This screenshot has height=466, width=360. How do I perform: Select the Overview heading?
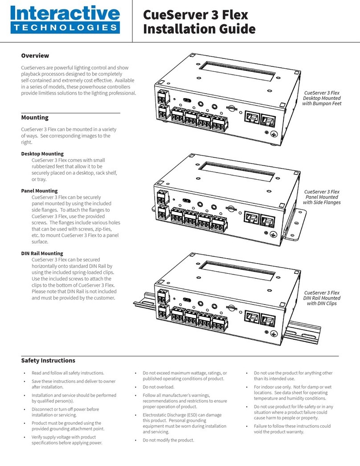pos(35,56)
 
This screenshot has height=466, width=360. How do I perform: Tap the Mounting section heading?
pos(35,118)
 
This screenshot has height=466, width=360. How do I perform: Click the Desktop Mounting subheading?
pos(42,153)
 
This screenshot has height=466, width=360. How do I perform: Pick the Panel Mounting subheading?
pos(39,191)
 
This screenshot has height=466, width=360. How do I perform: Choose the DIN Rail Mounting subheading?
pos(42,253)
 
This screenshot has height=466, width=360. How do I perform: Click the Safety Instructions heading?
pos(48,360)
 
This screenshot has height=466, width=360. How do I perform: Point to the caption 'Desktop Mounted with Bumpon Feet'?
pos(321,98)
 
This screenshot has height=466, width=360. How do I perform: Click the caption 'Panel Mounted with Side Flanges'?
pos(321,197)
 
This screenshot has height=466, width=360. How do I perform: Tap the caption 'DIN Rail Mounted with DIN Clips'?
pos(321,298)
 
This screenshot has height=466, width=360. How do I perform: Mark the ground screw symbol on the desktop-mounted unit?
pos(274,132)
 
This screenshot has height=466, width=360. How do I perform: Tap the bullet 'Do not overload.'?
pos(158,387)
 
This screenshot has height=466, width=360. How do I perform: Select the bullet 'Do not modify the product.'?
pos(168,440)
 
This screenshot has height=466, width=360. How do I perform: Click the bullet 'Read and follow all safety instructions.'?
pos(65,373)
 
